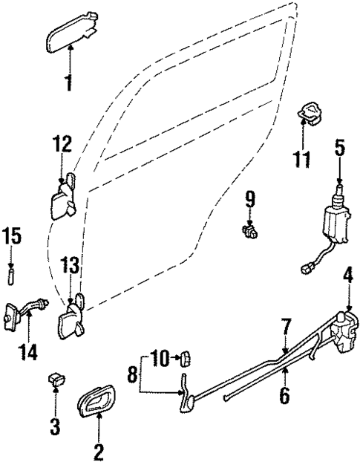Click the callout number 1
[x=69, y=102]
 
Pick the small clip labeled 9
[x=249, y=231]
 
